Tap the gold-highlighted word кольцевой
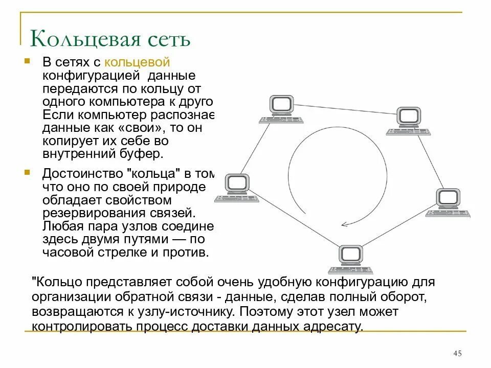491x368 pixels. coord(137,62)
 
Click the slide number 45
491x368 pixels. coord(458,354)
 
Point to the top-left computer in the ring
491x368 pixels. coord(281,108)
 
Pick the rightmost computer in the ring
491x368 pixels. coord(449,202)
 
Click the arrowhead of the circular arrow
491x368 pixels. coord(345,223)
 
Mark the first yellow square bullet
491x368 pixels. coord(27,61)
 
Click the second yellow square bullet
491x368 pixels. coord(27,172)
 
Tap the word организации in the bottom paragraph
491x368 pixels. coord(66,297)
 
